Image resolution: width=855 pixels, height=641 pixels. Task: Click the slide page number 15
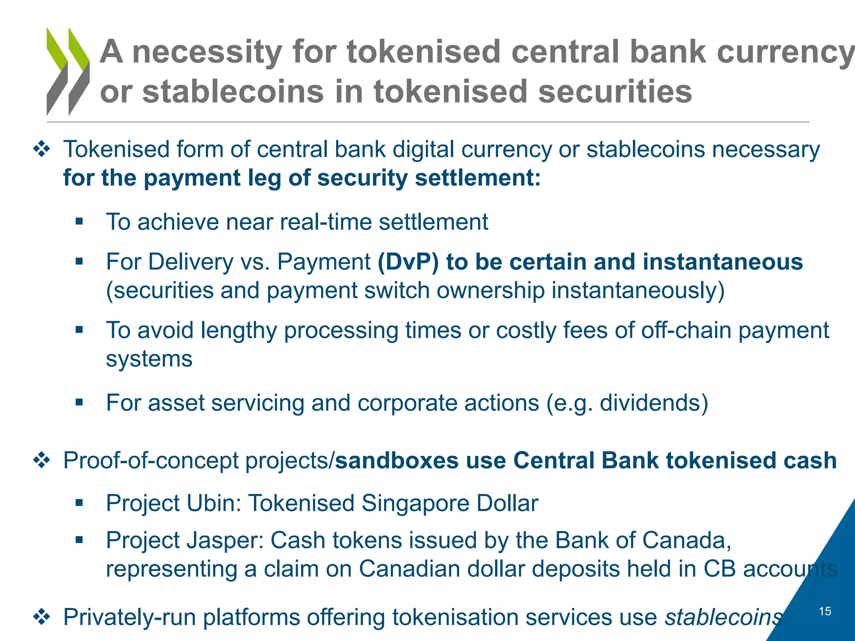[825, 611]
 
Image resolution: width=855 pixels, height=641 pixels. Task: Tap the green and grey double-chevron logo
[68, 71]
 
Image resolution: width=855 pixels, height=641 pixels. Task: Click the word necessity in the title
[207, 52]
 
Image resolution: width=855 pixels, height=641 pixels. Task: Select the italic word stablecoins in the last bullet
[723, 617]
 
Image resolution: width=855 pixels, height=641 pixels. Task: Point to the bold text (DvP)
[408, 262]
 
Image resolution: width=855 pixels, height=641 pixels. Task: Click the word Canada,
[687, 540]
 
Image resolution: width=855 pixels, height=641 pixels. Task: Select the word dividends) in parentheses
[654, 403]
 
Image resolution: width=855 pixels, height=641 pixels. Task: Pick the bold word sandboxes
[397, 461]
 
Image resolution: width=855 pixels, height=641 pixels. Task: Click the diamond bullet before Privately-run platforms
[42, 617]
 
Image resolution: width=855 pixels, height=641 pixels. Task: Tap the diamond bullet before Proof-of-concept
[42, 461]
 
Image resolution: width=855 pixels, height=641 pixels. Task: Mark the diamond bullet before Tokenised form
[42, 149]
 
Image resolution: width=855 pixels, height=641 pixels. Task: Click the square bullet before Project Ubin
[79, 503]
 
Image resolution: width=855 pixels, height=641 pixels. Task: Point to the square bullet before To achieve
[79, 222]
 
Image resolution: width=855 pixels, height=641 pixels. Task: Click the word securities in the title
[615, 92]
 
